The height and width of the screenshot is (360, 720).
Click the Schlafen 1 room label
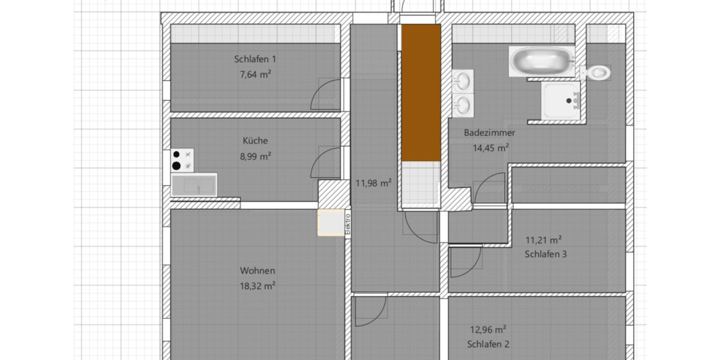[x=255, y=59]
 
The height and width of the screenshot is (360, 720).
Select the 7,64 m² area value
[x=255, y=75]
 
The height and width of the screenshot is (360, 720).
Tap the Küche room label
[x=255, y=141]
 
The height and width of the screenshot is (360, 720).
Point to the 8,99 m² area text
[x=255, y=155]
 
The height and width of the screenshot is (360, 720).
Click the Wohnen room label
[x=257, y=271]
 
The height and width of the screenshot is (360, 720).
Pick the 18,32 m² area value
[x=257, y=286]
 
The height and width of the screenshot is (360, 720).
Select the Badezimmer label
[x=489, y=133]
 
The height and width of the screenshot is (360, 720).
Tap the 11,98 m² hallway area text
[x=373, y=183]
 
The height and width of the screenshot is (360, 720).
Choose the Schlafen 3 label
[x=545, y=254]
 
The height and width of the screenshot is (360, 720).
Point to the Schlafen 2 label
[x=488, y=344]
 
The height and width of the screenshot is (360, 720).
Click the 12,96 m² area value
[x=488, y=329]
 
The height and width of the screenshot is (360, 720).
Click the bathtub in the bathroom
[x=542, y=61]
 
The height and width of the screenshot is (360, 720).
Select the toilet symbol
[x=596, y=73]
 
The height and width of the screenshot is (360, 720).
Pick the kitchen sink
[x=194, y=185]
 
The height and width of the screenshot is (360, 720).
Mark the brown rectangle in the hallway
[x=421, y=93]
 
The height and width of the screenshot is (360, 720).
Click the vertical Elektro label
[x=347, y=224]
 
